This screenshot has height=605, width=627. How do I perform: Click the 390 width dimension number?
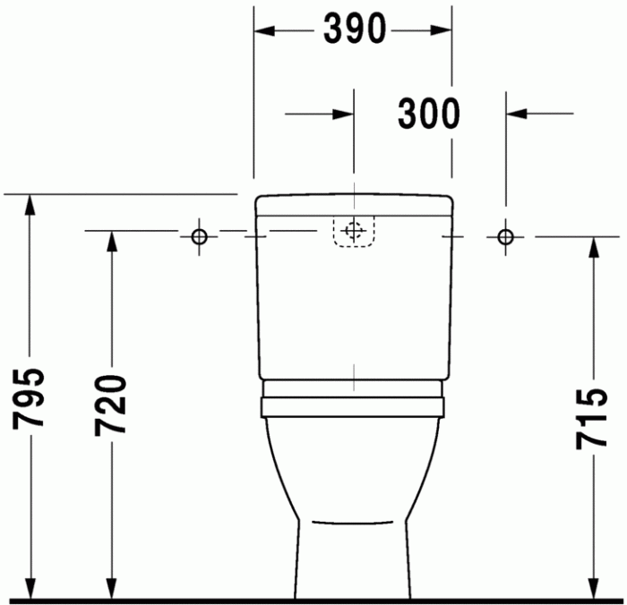coord(354,30)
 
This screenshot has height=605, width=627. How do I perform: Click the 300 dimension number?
coord(428,114)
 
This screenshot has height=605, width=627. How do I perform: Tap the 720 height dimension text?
coord(112,405)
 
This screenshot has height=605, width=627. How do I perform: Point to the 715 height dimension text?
coord(592,418)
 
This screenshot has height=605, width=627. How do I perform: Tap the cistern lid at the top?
coord(353,204)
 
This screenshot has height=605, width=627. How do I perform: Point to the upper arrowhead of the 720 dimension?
coord(112,242)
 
